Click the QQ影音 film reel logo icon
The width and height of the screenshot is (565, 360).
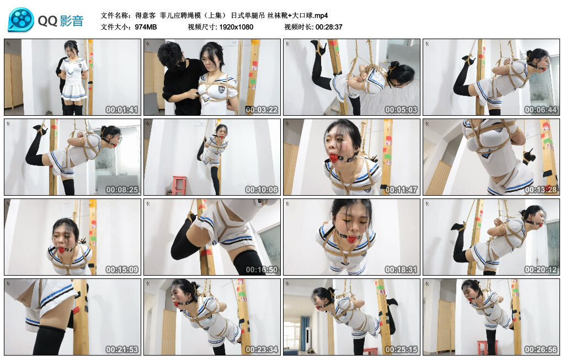[21, 20]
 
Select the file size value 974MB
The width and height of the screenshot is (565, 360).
[146, 26]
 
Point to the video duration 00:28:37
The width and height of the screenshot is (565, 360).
[329, 26]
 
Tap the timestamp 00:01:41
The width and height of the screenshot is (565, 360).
[122, 110]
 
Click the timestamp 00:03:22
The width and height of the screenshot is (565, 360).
[262, 110]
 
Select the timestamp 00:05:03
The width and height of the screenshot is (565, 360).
[401, 110]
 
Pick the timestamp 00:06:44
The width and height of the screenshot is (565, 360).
[541, 110]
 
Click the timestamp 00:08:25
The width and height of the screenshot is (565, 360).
[122, 190]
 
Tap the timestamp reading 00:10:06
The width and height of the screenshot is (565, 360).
[262, 190]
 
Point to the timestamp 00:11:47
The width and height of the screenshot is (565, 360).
[401, 190]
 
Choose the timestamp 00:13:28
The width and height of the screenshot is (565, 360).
[541, 190]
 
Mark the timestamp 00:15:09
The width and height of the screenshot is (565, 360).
[122, 270]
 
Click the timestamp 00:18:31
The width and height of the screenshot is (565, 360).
[401, 270]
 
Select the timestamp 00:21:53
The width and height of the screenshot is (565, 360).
[122, 350]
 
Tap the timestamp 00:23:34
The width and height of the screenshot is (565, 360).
[262, 350]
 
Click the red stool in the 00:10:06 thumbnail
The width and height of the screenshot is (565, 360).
[179, 185]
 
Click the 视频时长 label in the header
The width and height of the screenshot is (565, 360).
[299, 26]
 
